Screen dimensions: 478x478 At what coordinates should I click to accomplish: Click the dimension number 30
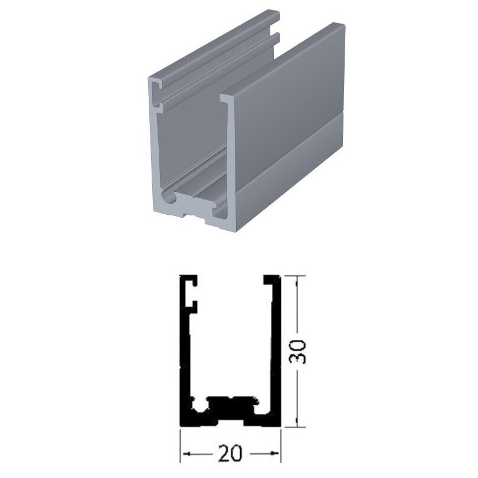[x=297, y=352]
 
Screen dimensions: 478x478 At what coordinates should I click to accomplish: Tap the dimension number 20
[x=230, y=453]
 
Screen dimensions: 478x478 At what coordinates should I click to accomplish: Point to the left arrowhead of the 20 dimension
[x=186, y=454]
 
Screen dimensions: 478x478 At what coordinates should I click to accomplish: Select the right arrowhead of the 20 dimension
[x=274, y=453]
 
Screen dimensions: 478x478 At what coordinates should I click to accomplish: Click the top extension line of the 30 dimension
[x=295, y=276]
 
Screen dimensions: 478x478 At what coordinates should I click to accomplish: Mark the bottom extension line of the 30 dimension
[x=295, y=427]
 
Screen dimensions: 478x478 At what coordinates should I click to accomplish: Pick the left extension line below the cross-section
[x=180, y=446]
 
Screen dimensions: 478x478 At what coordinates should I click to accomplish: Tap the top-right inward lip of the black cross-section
[x=270, y=280]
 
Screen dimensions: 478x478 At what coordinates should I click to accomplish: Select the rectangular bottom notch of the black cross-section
[x=230, y=424]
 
